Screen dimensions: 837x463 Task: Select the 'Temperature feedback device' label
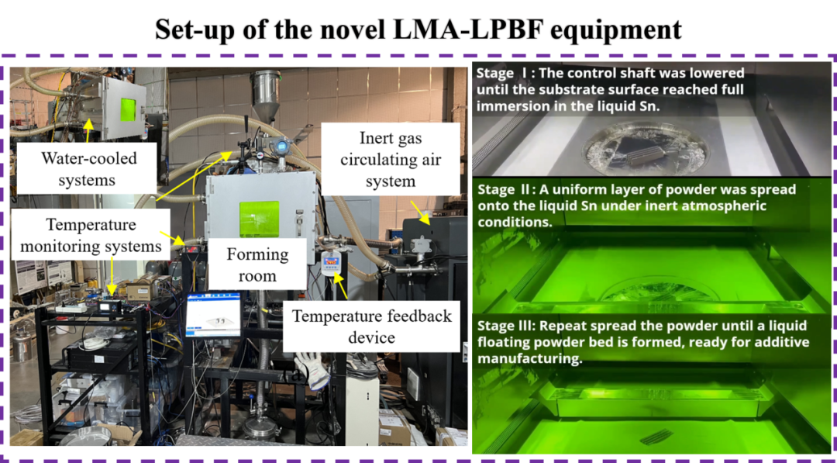(x=370, y=326)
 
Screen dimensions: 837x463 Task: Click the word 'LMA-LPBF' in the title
(x=461, y=30)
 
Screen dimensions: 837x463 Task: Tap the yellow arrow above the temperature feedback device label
(x=341, y=287)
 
